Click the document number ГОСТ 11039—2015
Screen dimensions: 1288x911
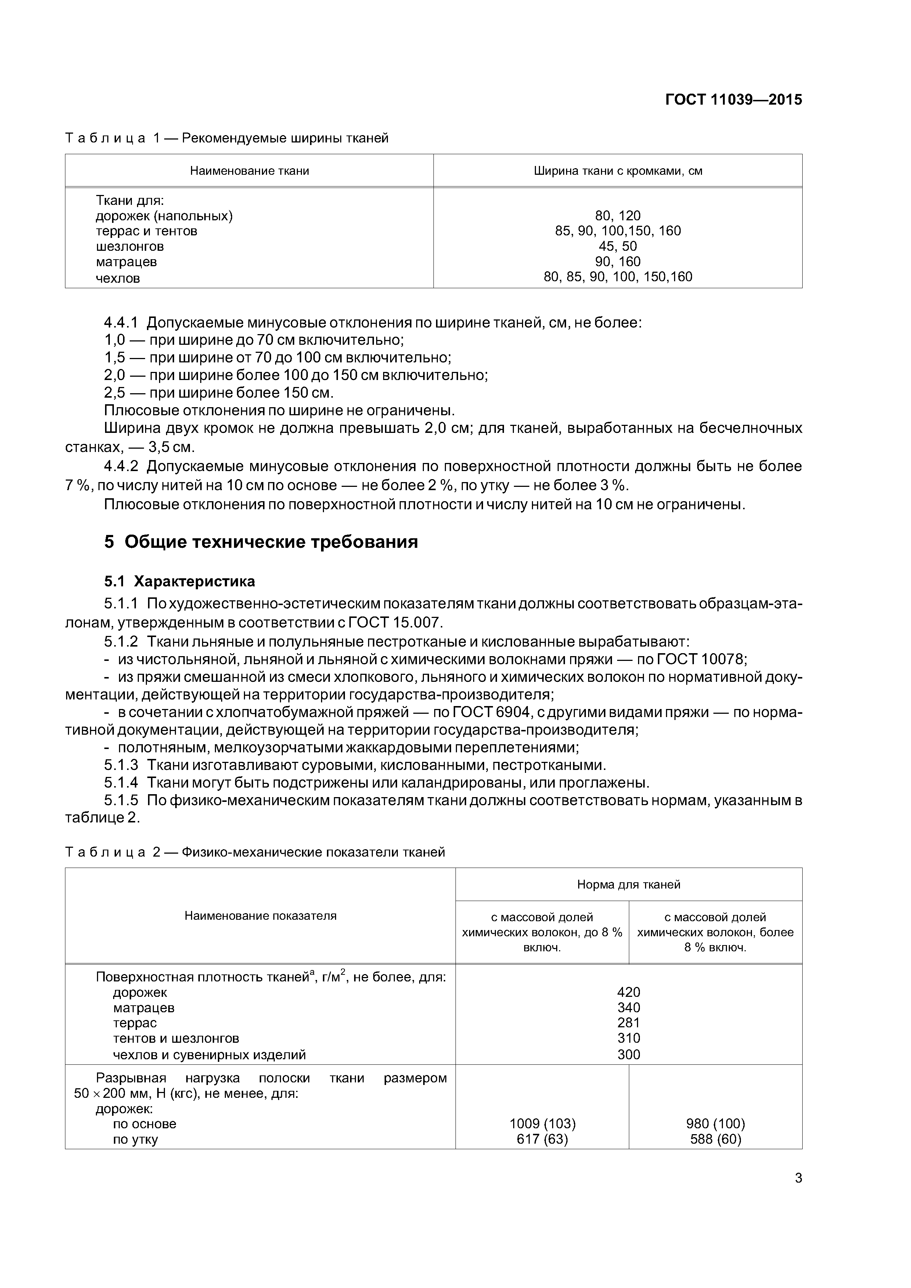(734, 100)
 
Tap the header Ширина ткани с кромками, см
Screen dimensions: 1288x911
(617, 170)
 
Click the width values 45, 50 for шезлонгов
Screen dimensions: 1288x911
(617, 246)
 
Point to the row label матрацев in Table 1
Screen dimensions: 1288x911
(126, 262)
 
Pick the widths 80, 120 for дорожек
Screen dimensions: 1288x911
(617, 216)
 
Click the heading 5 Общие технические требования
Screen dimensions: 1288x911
(261, 542)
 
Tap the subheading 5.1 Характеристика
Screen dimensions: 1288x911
(180, 581)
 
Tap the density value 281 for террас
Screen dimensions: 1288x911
(629, 1023)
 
